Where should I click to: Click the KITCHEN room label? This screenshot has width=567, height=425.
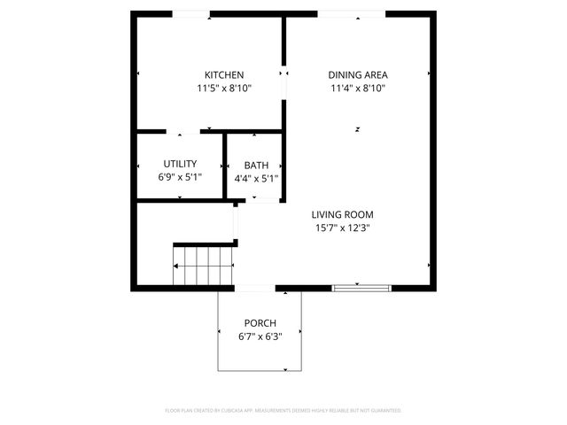[x=224, y=75]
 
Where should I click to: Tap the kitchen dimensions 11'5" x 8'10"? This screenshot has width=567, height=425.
[x=224, y=89]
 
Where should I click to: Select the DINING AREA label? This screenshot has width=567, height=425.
[x=358, y=75]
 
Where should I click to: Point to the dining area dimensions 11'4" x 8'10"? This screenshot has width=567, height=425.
[x=358, y=89]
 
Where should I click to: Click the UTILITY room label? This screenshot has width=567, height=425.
[x=180, y=165]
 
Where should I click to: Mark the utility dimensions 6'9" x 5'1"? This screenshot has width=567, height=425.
[x=180, y=178]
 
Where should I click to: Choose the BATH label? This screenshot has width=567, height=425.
[x=256, y=165]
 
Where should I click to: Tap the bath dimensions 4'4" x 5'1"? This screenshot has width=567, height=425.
[x=256, y=178]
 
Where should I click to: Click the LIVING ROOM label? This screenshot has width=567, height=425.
[x=342, y=214]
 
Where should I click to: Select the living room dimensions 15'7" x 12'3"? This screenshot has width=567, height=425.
[x=342, y=228]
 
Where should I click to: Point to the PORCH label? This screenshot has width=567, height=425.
[x=260, y=323]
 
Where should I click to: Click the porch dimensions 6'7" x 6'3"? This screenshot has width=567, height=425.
[x=260, y=336]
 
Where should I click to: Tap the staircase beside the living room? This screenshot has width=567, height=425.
[x=203, y=265]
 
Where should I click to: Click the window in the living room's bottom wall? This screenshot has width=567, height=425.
[x=361, y=287]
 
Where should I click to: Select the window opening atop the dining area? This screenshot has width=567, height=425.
[x=352, y=13]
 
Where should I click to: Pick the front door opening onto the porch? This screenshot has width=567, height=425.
[x=254, y=288]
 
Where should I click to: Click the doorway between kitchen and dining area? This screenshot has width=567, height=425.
[x=284, y=84]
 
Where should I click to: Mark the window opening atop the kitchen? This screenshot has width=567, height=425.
[x=190, y=13]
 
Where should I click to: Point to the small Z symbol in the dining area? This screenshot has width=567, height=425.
[x=358, y=129]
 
